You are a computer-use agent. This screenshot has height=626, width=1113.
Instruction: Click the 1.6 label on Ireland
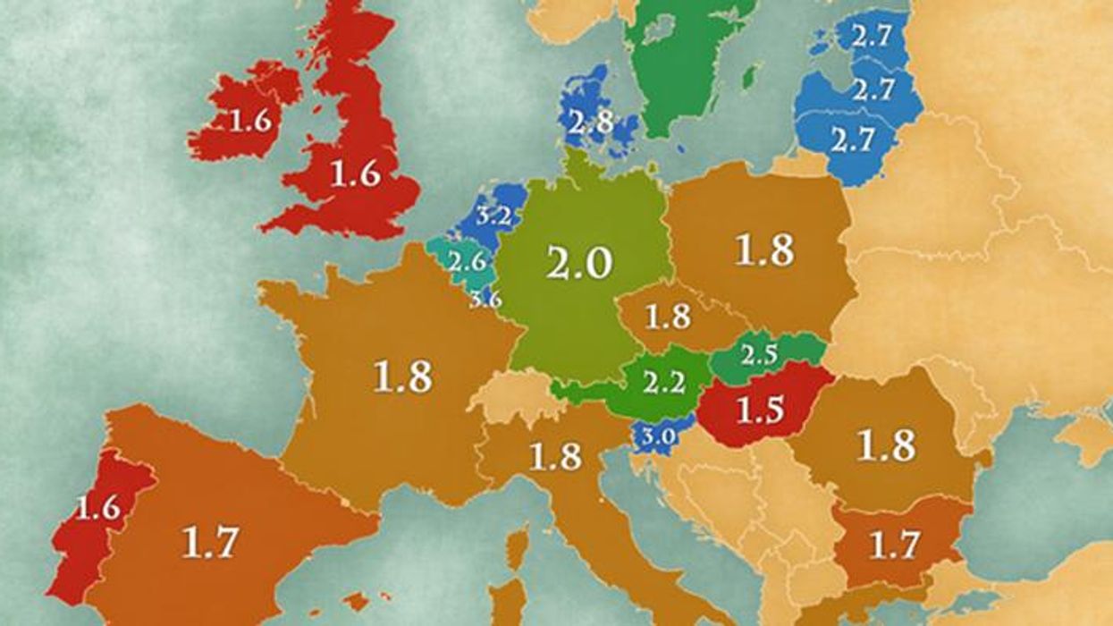[x=251, y=122]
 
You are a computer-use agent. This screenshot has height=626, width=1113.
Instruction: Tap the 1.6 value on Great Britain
[x=355, y=173]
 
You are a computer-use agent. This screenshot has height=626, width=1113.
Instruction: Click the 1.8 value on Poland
[x=764, y=250]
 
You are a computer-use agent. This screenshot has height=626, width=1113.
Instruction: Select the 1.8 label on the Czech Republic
[x=666, y=318]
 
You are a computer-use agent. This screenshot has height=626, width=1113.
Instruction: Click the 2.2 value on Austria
[x=663, y=385]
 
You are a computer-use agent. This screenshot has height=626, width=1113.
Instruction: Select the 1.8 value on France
[x=403, y=378]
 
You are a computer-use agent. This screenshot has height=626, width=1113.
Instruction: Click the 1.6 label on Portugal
[x=98, y=509]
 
